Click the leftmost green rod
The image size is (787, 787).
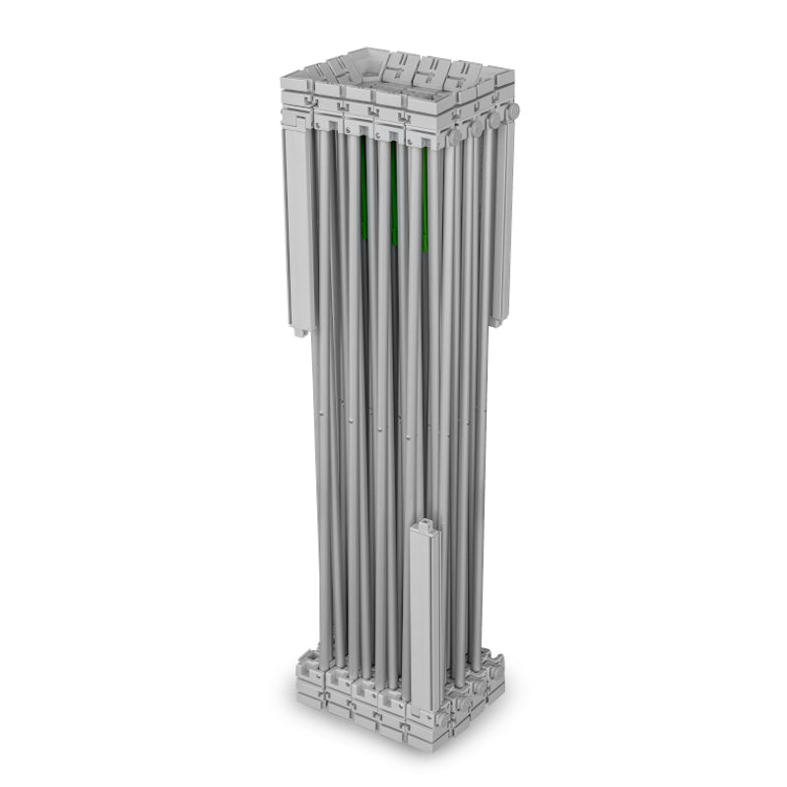coord(363,192)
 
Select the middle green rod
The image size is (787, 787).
coord(394,197)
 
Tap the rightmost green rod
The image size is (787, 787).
coord(425,202)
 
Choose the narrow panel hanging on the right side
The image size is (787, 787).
coord(501,227)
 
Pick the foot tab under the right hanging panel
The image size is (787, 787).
coord(497,319)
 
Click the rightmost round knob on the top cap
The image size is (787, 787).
coord(513,110)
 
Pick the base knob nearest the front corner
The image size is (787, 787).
coord(449,709)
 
